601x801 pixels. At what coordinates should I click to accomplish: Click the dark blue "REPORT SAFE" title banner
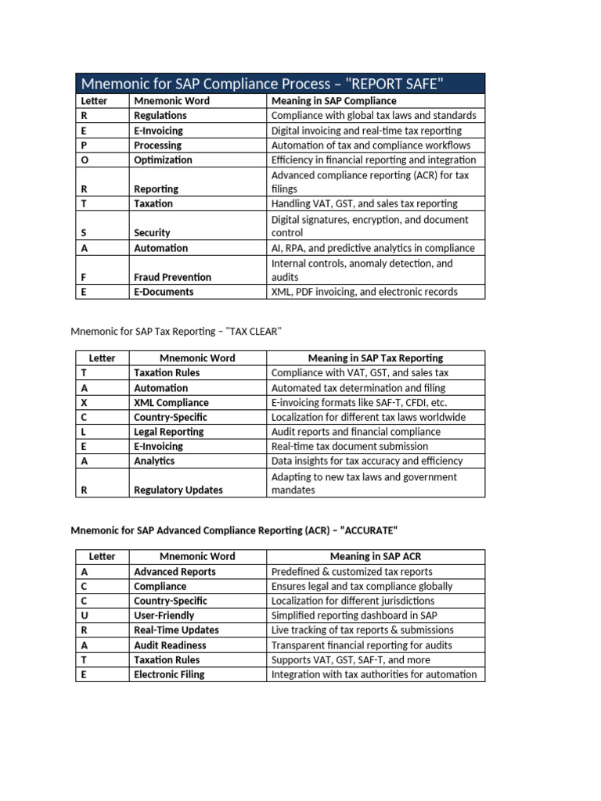(280, 83)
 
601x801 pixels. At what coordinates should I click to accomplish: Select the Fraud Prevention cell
(172, 277)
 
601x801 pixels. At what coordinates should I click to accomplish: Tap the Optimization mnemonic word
(163, 160)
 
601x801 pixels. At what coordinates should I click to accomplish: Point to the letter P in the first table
(85, 145)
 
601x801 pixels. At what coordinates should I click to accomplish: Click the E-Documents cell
(164, 292)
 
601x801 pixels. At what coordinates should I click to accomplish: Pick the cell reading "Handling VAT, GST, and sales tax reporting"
(364, 203)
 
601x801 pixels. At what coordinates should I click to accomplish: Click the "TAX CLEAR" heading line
(175, 332)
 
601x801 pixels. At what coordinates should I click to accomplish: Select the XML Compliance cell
(171, 403)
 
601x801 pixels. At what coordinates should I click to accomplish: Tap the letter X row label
(85, 403)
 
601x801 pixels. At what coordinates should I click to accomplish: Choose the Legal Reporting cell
(168, 432)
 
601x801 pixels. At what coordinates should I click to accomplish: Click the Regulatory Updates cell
(178, 490)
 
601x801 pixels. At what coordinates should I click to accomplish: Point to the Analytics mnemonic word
(154, 461)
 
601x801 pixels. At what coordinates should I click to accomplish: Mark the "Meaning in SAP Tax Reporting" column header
(376, 358)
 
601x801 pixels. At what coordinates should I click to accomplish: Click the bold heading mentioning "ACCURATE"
(234, 530)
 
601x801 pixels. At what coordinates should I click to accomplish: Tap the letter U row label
(85, 616)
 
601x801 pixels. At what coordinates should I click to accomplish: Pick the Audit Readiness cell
(170, 645)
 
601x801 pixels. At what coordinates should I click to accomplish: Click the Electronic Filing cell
(169, 674)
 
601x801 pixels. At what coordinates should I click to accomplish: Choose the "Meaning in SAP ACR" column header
(375, 556)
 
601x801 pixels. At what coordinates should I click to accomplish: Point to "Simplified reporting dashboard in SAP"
(354, 616)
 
